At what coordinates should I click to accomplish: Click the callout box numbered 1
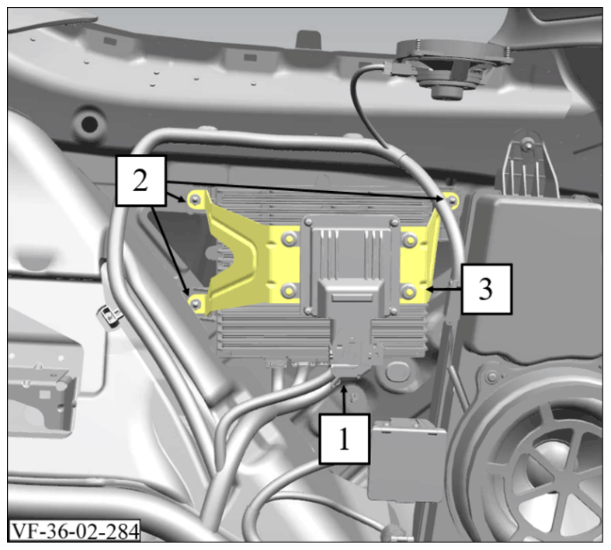tap(344, 439)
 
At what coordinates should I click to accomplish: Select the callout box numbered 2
tap(141, 180)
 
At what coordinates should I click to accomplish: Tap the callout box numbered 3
tap(486, 289)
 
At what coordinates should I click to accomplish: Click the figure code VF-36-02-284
tap(74, 531)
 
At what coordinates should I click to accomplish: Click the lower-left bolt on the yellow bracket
tap(196, 303)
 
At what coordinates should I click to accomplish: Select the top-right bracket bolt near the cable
tap(452, 201)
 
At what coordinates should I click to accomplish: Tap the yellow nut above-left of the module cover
tap(289, 238)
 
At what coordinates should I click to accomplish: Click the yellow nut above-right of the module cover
tap(409, 238)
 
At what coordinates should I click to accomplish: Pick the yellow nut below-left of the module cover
tap(289, 291)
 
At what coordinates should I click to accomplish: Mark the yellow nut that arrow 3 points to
tap(409, 291)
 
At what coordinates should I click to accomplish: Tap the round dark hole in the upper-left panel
tap(90, 124)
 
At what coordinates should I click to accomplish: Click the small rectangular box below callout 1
tap(407, 459)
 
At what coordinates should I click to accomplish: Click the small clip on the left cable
tap(109, 314)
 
